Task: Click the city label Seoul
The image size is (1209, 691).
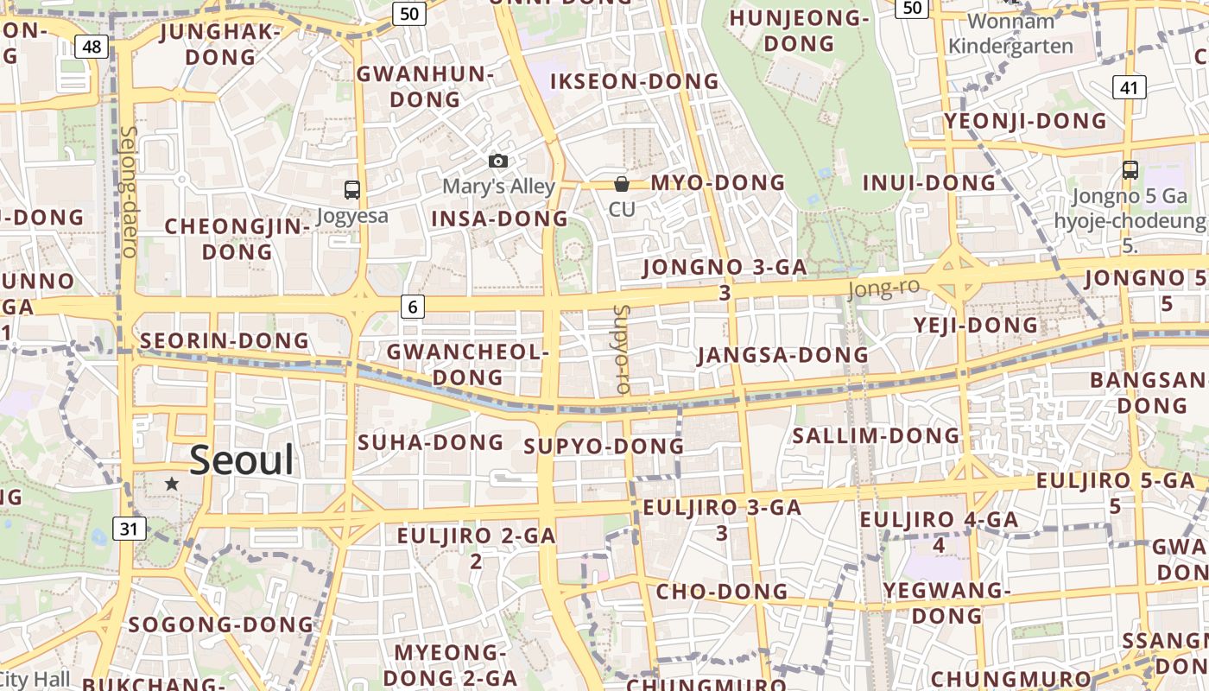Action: tap(242, 460)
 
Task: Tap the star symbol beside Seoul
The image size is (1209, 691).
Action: tap(172, 485)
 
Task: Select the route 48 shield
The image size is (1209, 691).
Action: tap(92, 47)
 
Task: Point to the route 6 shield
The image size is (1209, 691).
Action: tap(413, 306)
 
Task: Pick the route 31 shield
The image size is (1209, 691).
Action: tap(129, 529)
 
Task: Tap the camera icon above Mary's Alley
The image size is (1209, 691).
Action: tap(498, 161)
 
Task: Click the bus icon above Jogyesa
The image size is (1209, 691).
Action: tap(351, 190)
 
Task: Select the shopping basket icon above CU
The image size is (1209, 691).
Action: tap(621, 183)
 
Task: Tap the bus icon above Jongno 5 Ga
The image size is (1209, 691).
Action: tap(1130, 170)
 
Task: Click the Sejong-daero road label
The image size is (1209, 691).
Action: tap(130, 192)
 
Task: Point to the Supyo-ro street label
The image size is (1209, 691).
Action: tap(621, 349)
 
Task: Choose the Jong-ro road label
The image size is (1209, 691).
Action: tap(883, 288)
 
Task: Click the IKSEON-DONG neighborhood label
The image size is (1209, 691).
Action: tap(635, 82)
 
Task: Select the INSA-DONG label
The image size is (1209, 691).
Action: tap(499, 219)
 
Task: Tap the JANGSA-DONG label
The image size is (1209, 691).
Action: tap(782, 355)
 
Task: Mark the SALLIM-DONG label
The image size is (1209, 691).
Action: tap(876, 436)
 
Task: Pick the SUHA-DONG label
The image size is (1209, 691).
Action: tap(430, 443)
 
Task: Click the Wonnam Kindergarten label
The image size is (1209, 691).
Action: tap(1010, 34)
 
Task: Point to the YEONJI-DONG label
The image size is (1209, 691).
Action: tap(1025, 121)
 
